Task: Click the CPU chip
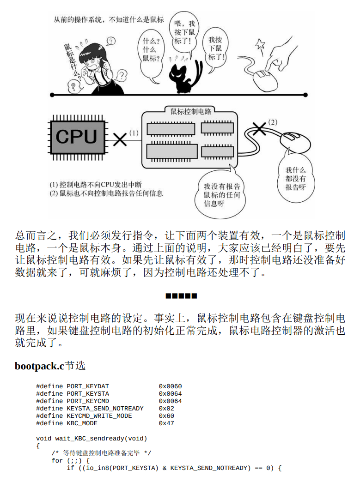coord(76,137)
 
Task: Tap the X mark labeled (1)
coord(120,139)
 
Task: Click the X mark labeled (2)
coord(260,128)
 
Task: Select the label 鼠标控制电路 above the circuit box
coord(190,111)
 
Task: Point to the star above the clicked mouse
coord(260,45)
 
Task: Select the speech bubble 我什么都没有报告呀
coord(295,178)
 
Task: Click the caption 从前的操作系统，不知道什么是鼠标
coord(109,20)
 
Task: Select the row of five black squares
coord(181,295)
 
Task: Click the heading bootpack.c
coord(39,366)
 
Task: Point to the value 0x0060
coord(170,386)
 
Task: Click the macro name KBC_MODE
coord(82,423)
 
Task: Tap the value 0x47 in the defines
coord(166,423)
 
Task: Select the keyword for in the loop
coord(57,460)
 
